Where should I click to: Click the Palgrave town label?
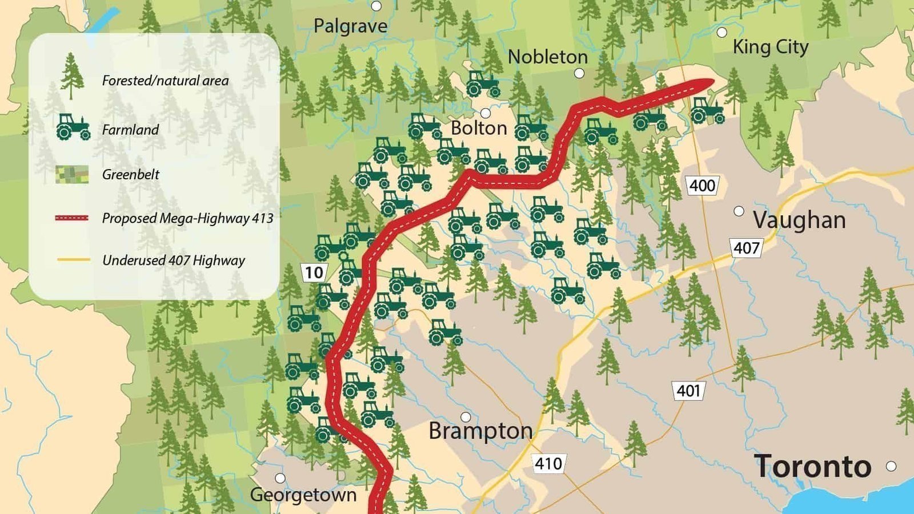[350, 26]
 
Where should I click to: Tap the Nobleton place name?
[547, 57]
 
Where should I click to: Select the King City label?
[770, 47]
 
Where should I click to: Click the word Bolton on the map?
[479, 128]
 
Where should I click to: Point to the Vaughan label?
[799, 220]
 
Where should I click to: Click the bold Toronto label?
[812, 466]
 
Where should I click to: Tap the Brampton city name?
[480, 431]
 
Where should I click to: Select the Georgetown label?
[303, 495]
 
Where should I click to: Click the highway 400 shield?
[701, 186]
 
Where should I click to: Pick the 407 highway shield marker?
[746, 248]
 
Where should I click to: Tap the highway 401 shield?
[688, 391]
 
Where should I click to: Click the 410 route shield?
[548, 463]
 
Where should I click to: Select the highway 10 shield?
[314, 272]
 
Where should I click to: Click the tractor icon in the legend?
[73, 127]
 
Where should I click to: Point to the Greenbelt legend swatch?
[72, 174]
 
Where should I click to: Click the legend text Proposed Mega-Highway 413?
[187, 218]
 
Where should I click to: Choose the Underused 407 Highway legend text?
[173, 260]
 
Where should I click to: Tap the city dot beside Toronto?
[891, 466]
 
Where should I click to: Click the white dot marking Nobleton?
[579, 73]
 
